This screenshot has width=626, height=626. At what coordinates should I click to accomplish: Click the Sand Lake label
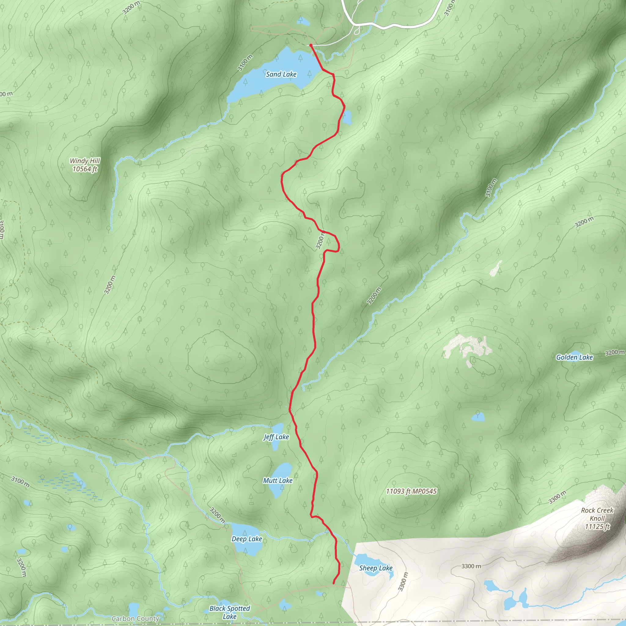point(281,74)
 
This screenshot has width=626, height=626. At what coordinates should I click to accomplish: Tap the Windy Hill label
point(85,161)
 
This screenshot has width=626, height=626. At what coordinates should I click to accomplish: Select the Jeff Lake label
point(276,437)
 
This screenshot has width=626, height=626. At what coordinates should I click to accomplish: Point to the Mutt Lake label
point(278,481)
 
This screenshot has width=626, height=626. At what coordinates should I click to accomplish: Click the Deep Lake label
point(247,539)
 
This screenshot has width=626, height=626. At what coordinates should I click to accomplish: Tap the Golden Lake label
point(574,357)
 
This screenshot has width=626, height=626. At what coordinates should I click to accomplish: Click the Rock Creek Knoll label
point(597,514)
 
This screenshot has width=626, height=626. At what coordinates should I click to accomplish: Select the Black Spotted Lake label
point(230,612)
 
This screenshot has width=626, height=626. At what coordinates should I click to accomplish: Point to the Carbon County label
point(135,619)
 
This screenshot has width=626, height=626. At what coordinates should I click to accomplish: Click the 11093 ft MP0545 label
point(411,491)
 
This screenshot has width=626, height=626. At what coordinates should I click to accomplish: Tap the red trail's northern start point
point(311,45)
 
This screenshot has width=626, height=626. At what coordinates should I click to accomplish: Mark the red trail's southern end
point(334,584)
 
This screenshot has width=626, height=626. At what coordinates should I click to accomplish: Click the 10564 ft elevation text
point(85,169)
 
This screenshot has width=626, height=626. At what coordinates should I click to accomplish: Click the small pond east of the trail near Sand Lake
point(347,117)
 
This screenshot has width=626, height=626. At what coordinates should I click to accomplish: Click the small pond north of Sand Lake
point(303,21)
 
